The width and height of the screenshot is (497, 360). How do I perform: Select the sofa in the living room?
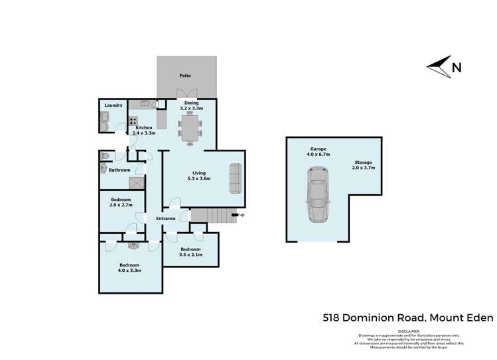[x=236, y=178]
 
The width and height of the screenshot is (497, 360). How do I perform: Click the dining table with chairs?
[x=189, y=127]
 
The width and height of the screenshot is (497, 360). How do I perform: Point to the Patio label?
[x=185, y=76]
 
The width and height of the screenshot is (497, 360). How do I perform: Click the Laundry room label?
[x=113, y=105]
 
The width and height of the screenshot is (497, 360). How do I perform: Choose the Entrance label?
[x=166, y=218]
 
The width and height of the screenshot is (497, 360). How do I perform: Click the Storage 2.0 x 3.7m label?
[x=363, y=165]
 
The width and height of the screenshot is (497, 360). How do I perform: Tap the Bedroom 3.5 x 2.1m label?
[x=190, y=252]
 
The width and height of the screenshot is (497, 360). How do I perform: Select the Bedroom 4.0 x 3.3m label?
[x=129, y=268]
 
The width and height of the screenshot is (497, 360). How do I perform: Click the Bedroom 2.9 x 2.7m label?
[x=121, y=202]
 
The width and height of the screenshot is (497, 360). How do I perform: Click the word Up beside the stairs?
[x=242, y=215]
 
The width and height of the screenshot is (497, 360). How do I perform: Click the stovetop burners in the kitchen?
[x=133, y=121]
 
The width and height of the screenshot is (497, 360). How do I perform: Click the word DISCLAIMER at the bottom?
[x=409, y=330]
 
